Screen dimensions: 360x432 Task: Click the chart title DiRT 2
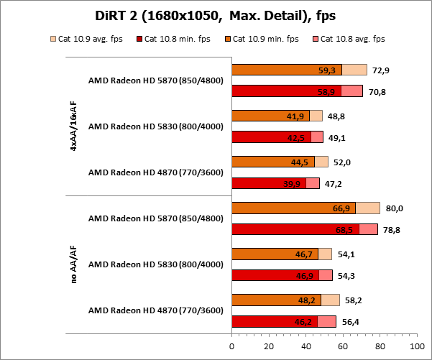click(x=216, y=16)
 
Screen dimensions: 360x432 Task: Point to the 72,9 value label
click(x=383, y=70)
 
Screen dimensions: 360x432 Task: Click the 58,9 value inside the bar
click(x=328, y=91)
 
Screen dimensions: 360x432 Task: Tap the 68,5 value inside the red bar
click(x=347, y=230)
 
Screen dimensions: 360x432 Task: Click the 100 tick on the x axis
click(x=415, y=346)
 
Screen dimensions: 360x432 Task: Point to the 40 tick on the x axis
click(x=305, y=346)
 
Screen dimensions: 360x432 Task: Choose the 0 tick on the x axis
click(x=231, y=346)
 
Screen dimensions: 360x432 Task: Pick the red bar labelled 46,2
click(x=273, y=322)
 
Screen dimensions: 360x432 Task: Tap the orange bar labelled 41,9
click(x=270, y=116)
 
